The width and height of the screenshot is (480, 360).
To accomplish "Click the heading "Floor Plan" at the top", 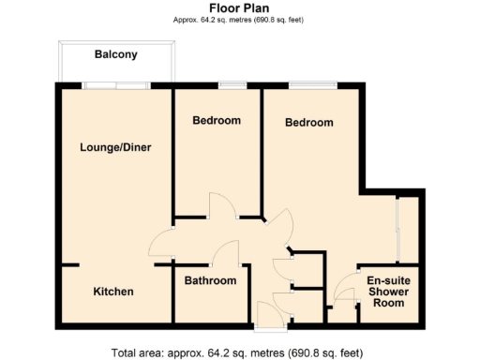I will click(x=240, y=8).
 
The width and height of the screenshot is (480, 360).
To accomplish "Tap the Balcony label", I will click(x=116, y=54).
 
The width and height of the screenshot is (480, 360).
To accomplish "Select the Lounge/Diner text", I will click(x=115, y=147).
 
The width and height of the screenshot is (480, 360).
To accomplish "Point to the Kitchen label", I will click(x=113, y=292).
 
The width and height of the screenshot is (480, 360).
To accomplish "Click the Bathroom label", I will click(x=210, y=280).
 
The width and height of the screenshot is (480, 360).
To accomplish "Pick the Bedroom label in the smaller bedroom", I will click(x=217, y=120).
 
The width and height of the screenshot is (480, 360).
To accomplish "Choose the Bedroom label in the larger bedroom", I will click(x=309, y=123).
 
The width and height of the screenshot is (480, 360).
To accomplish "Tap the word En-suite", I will click(x=388, y=280).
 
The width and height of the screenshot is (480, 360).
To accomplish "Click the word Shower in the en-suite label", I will click(x=388, y=292).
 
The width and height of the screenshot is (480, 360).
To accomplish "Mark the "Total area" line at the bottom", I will click(x=238, y=352).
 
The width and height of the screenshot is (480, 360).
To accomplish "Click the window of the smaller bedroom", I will click(x=232, y=86).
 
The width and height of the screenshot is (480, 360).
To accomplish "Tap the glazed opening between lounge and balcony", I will click(x=116, y=86).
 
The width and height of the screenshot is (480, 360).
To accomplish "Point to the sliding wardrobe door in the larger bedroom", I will click(x=399, y=230).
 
